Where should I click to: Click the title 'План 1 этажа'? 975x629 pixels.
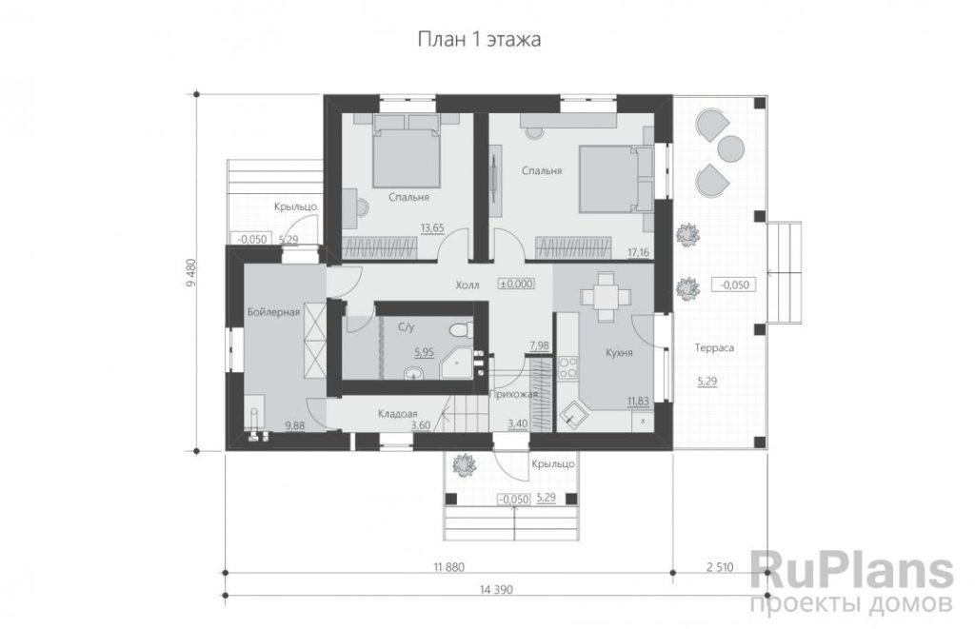coord(478,40)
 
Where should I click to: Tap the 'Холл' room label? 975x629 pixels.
coord(467,285)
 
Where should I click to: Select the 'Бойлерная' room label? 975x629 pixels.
coord(273,312)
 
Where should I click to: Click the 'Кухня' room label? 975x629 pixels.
coord(619,353)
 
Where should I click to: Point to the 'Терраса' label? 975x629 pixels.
coord(714,348)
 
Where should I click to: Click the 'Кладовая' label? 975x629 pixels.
coord(397,413)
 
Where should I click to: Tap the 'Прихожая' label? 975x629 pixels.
coord(513,393)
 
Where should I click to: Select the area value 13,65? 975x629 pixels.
coord(432,228)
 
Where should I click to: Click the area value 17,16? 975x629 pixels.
coord(639,252)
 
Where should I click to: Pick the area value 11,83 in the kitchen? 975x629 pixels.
coord(638,402)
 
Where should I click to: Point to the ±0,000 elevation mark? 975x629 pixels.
coord(516,284)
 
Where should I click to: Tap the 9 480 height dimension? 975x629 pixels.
coord(190,271)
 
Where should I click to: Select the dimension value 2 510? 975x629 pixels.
coord(720,567)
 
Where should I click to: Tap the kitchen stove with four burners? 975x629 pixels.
coord(567,366)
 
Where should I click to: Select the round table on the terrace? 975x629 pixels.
coord(731,148)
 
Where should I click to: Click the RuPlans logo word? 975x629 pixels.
coord(852,570)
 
